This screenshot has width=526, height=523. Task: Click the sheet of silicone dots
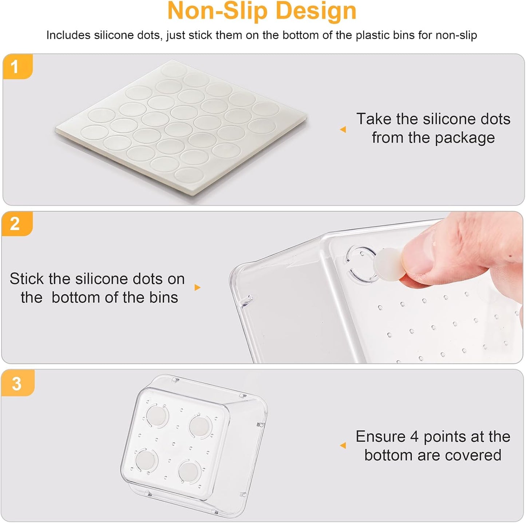[x=181, y=127]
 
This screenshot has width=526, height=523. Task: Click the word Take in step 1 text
[x=374, y=119]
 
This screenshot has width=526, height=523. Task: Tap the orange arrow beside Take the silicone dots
[x=343, y=130]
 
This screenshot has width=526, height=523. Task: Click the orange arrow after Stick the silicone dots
[x=198, y=288]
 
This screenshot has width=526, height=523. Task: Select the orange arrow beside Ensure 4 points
[x=343, y=445]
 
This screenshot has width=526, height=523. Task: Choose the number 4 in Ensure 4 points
[x=414, y=437]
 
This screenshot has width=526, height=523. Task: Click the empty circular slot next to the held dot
[x=362, y=264]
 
